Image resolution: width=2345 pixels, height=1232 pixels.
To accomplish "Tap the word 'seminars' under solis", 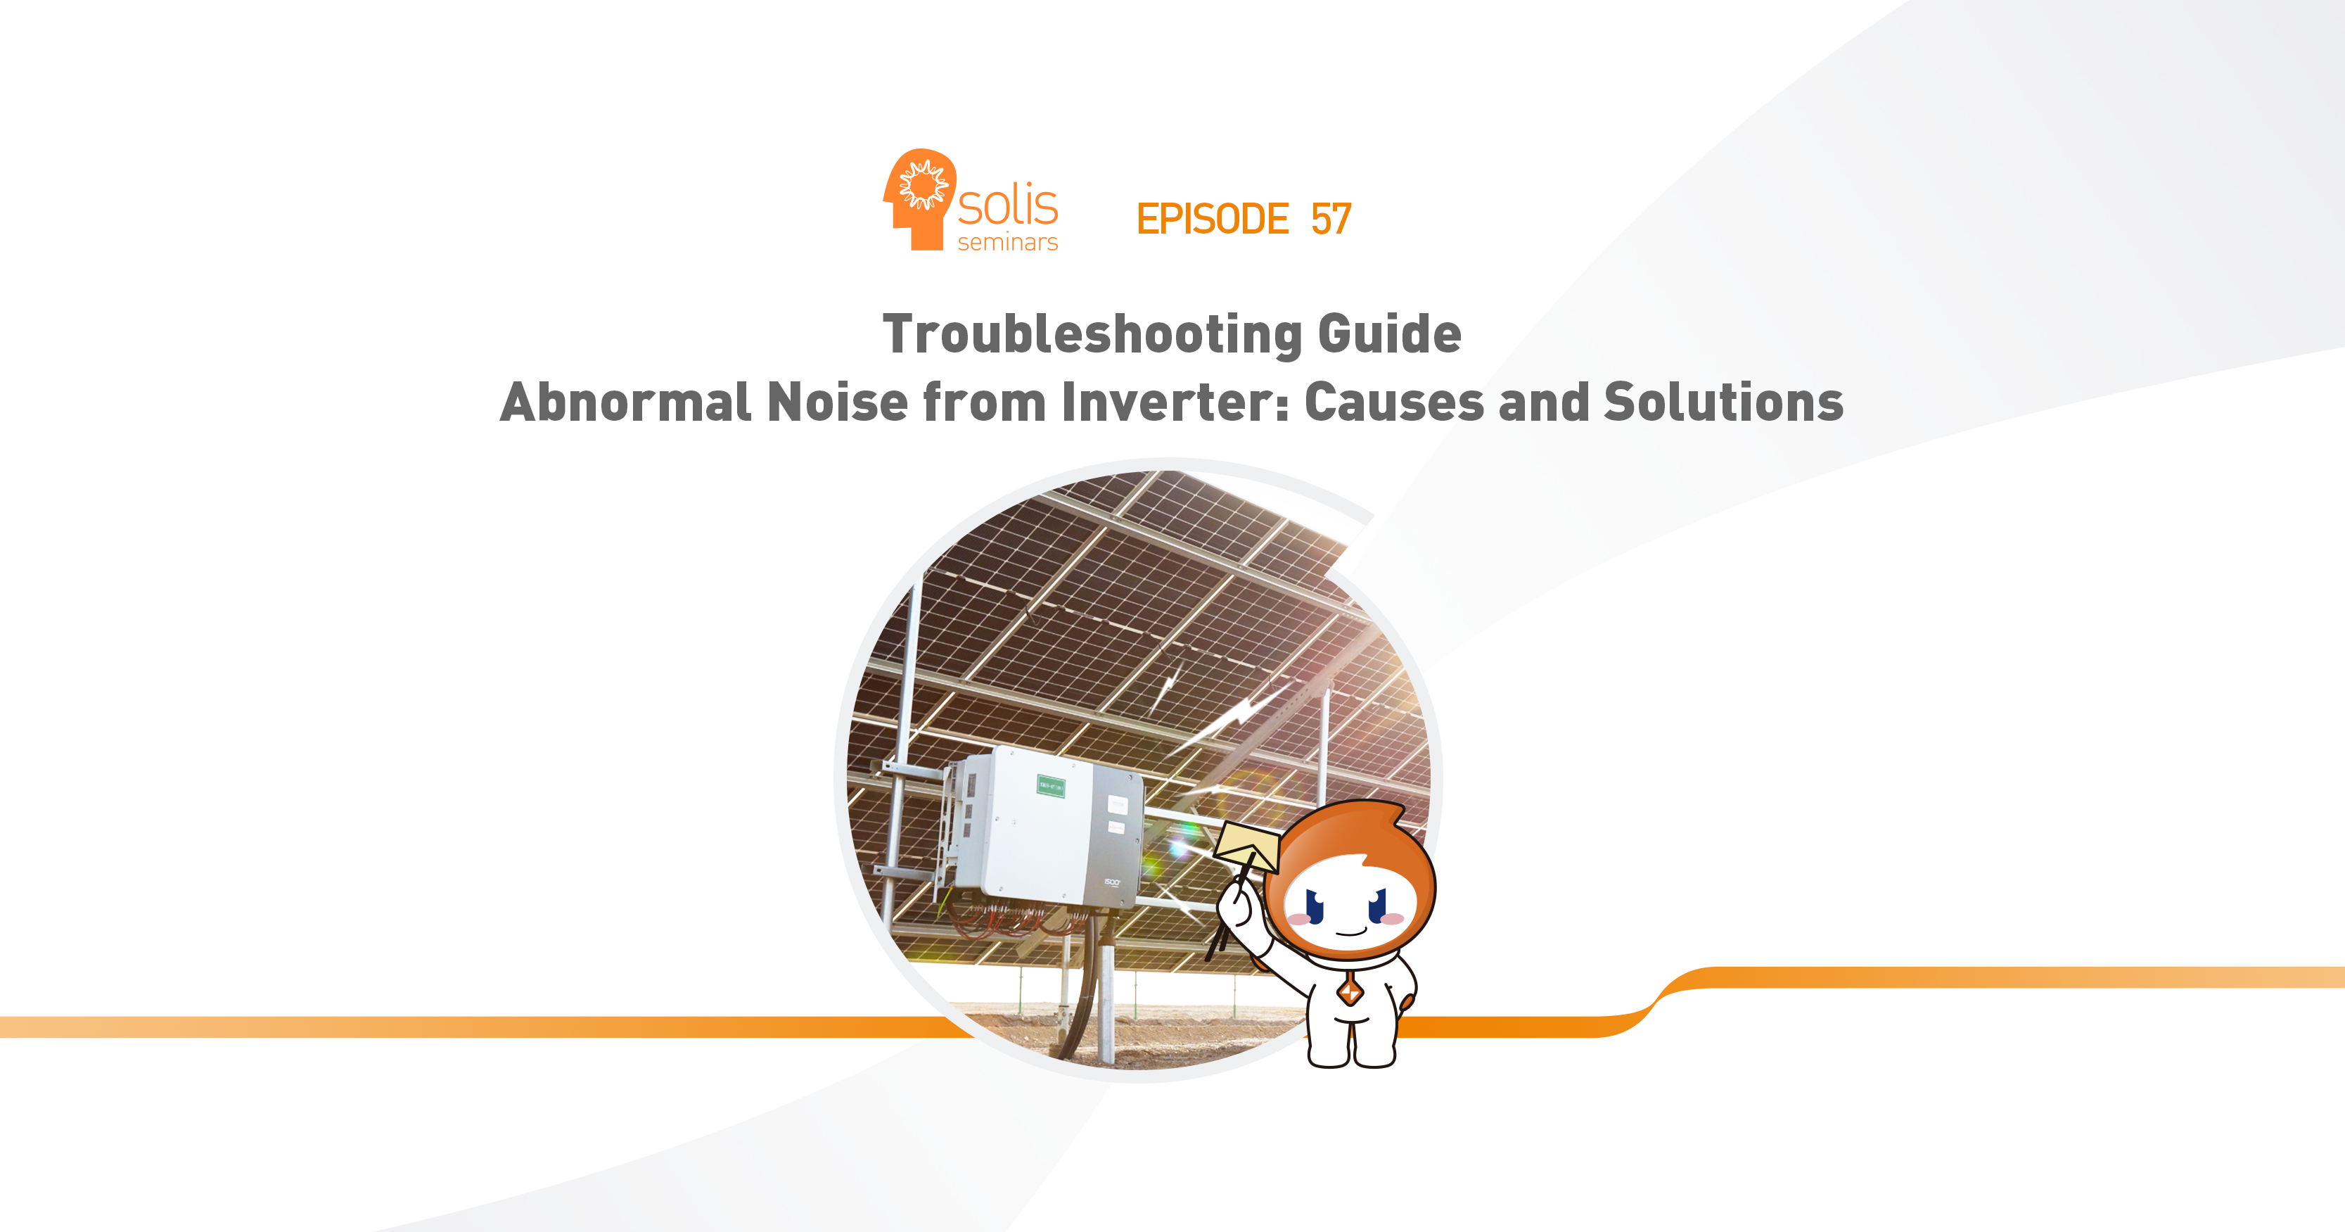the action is (1008, 242).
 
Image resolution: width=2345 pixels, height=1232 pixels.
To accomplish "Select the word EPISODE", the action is (1213, 220).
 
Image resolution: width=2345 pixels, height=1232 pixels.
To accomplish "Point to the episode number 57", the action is (1331, 220).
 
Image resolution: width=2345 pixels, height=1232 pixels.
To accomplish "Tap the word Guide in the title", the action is (1389, 334).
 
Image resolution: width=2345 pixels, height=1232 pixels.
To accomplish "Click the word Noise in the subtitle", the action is (838, 402).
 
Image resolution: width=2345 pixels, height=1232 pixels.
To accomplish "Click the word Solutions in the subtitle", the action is (1723, 402).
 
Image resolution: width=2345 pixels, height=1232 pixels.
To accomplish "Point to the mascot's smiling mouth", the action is (1351, 932).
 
